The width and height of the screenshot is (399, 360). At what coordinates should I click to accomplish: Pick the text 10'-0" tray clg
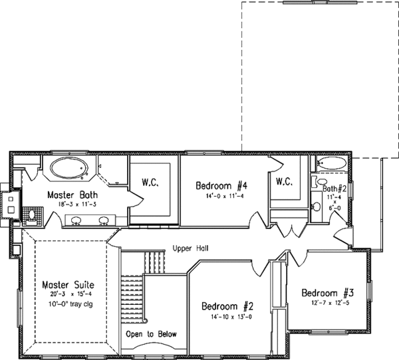click(x=66, y=305)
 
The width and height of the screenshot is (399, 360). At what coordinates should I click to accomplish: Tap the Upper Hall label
click(x=190, y=248)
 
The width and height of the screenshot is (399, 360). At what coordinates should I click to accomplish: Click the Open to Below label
click(x=152, y=334)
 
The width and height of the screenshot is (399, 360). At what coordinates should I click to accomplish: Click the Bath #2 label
click(x=332, y=189)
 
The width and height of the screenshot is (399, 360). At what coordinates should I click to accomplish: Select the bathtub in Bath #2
click(x=331, y=163)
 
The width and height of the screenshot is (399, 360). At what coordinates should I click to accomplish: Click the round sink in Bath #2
click(x=316, y=208)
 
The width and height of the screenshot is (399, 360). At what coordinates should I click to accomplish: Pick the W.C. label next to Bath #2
click(x=285, y=181)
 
